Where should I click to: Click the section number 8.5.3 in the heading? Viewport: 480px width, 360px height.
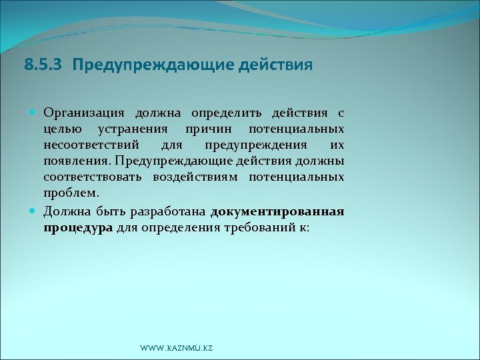coord(44,65)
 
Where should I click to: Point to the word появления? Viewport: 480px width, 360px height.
coord(76,162)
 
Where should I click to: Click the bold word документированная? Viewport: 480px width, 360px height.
coord(277,212)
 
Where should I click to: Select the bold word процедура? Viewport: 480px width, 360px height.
coord(78,228)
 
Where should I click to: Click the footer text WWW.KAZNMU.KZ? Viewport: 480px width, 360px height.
coord(177,349)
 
